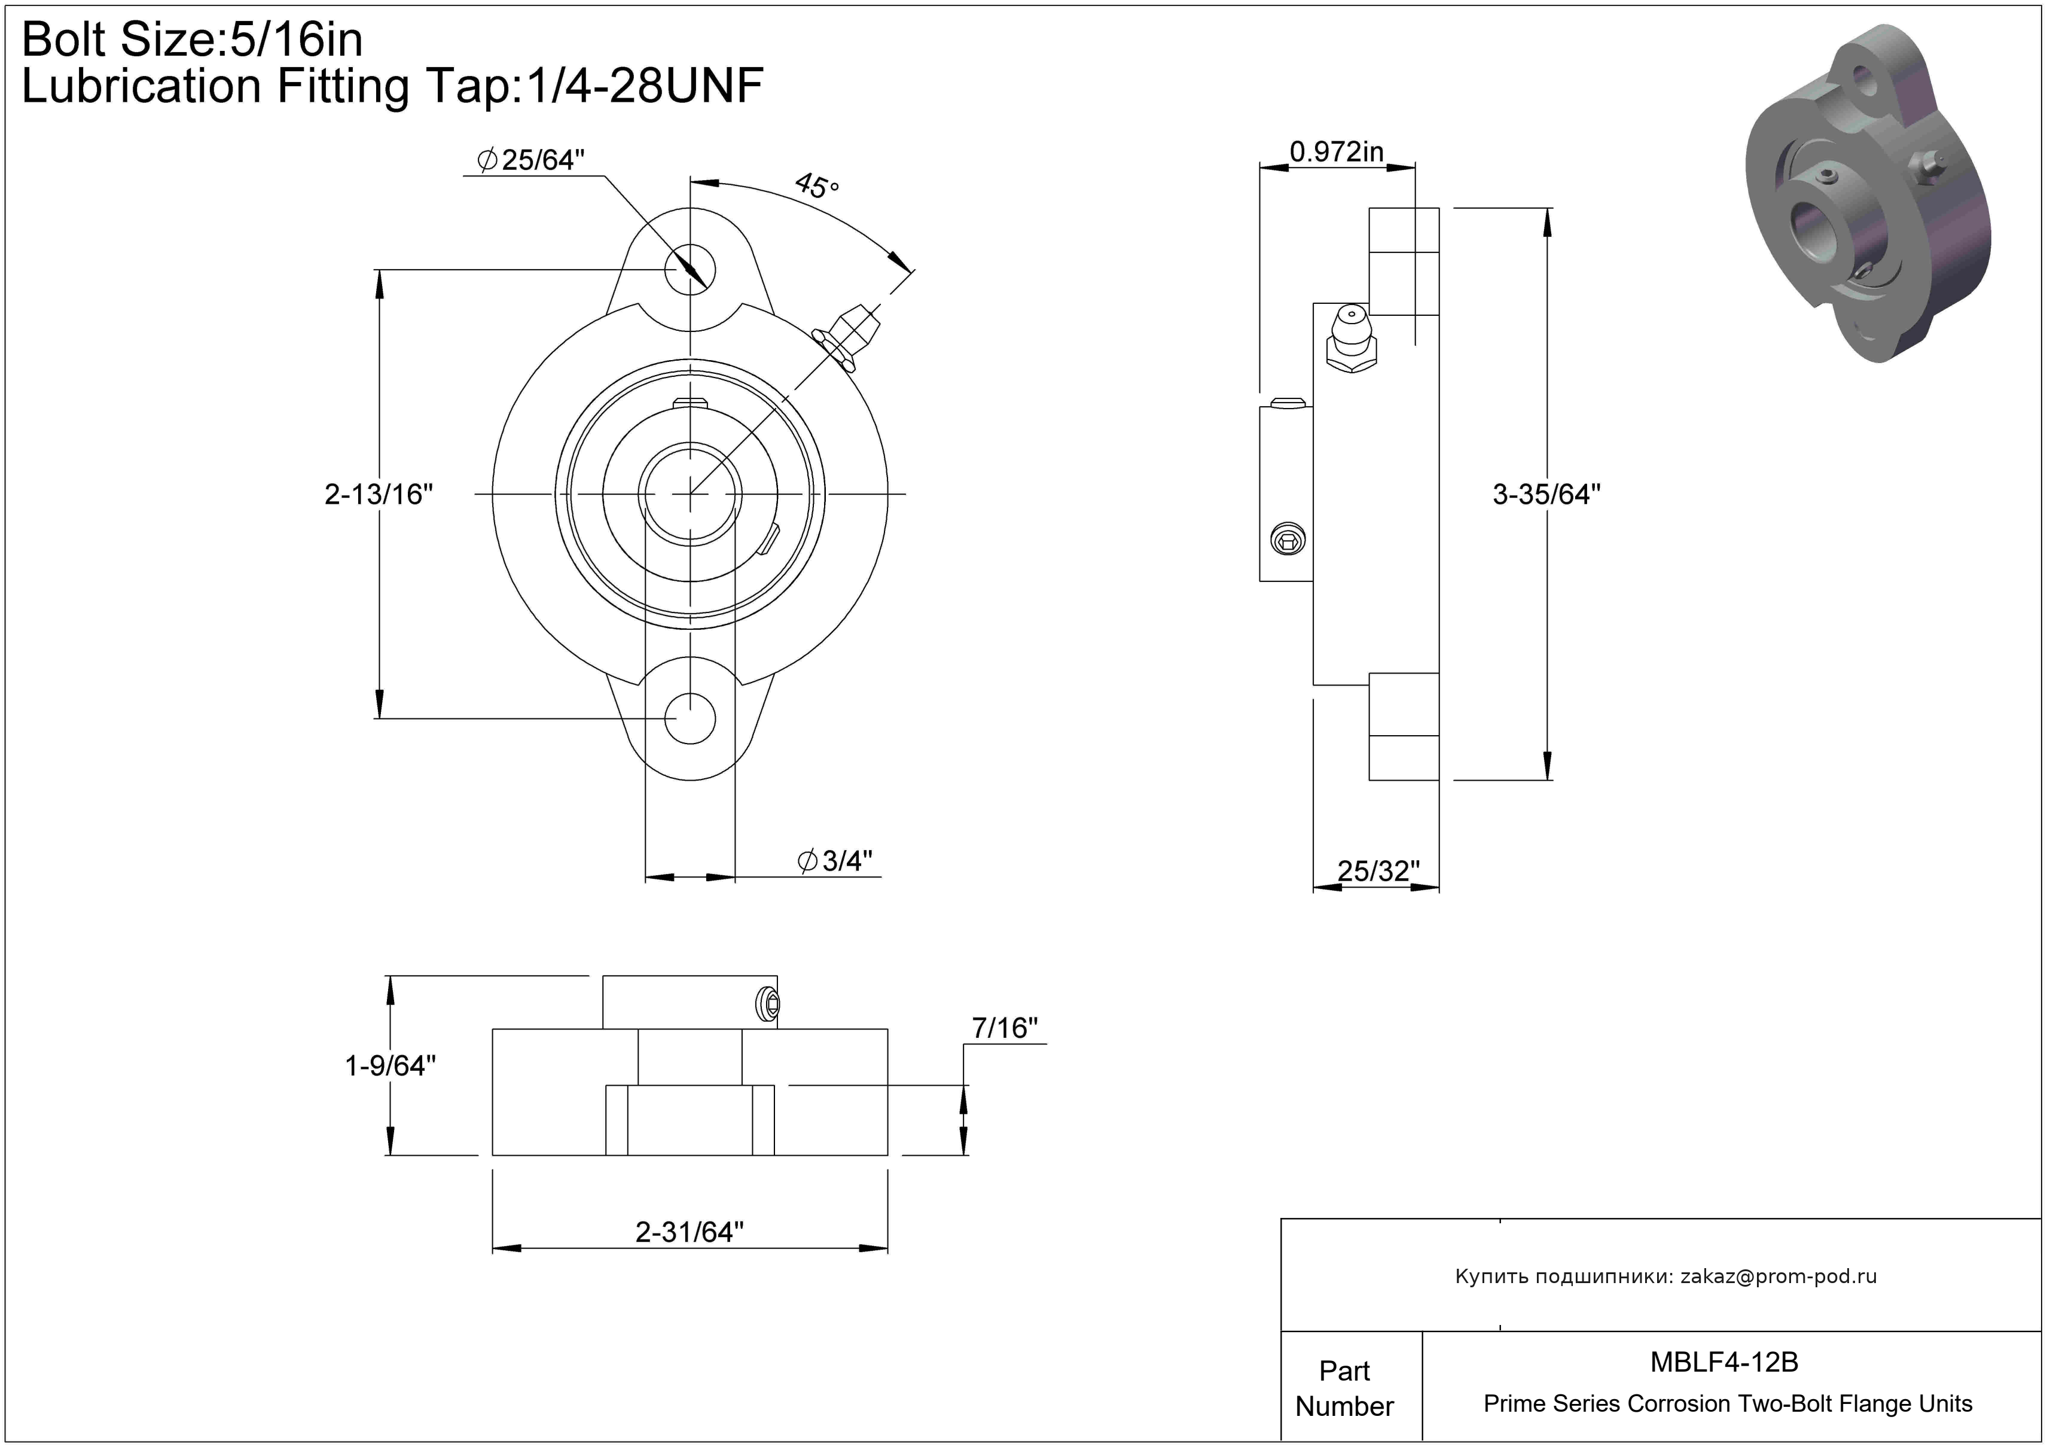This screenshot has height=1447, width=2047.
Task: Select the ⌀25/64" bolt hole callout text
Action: (532, 160)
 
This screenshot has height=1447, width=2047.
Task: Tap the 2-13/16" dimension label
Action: (379, 494)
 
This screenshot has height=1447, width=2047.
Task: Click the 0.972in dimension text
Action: (1337, 151)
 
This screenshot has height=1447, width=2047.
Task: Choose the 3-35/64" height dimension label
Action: (1547, 494)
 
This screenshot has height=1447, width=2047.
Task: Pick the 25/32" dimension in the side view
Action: (1378, 871)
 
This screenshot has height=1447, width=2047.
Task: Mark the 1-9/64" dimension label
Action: (391, 1065)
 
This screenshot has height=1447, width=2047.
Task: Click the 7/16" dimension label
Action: (1005, 1028)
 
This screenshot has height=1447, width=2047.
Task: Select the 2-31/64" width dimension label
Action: (689, 1232)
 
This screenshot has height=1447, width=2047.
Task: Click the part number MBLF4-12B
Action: (1724, 1362)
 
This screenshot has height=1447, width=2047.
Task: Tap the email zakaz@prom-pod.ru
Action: (1778, 1277)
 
